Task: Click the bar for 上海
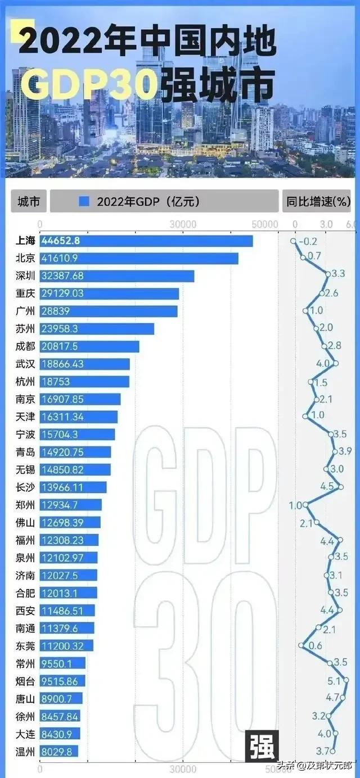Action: coord(146,241)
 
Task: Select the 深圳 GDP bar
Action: coord(116,276)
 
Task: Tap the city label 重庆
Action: coord(25,293)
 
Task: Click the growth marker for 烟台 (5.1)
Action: coord(345,681)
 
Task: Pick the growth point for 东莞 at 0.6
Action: coord(301,645)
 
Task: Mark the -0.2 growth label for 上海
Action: coord(308,241)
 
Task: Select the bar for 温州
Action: coord(58,751)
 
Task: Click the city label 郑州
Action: coord(25,505)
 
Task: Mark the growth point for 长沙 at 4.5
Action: coord(340,487)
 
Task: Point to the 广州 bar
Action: coord(109,311)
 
